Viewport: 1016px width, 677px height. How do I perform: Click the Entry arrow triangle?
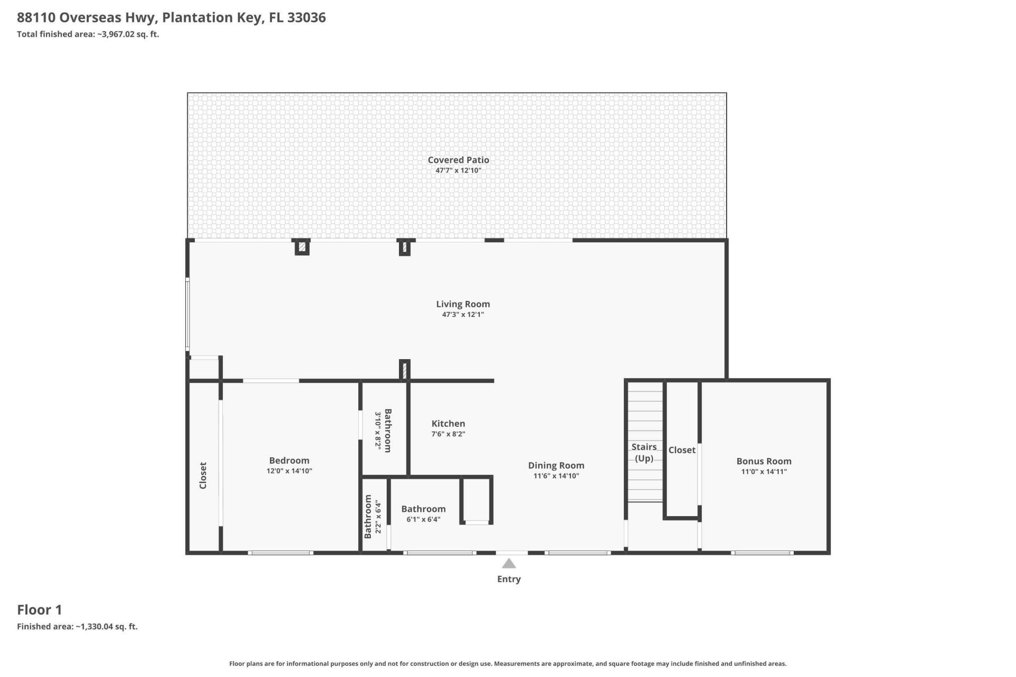[x=509, y=563]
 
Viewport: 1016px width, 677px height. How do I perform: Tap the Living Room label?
[x=463, y=304]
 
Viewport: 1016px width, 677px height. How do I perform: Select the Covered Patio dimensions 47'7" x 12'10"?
[x=458, y=170]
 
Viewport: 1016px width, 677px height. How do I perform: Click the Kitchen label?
[x=448, y=424]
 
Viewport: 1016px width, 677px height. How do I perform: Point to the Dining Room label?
[x=556, y=465]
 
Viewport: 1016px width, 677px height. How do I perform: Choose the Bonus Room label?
[x=764, y=461]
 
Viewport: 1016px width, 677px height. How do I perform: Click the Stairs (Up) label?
[x=644, y=453]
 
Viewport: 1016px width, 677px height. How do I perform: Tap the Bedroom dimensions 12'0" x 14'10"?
[x=289, y=471]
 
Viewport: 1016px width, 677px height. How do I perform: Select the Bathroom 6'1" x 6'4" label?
[x=423, y=509]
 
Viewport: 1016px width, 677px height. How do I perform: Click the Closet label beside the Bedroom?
[x=203, y=475]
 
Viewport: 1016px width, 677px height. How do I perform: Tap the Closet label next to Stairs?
[x=682, y=450]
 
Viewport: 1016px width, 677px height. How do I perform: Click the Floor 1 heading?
[x=40, y=610]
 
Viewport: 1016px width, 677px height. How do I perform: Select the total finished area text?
[x=88, y=34]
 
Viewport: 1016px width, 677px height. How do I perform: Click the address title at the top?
[x=171, y=17]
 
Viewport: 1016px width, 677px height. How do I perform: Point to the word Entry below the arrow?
[x=509, y=579]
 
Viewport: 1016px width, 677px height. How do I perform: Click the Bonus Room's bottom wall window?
[x=762, y=553]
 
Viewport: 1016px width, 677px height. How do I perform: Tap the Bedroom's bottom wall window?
[x=280, y=553]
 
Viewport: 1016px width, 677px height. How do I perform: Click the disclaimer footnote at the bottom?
[x=508, y=664]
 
